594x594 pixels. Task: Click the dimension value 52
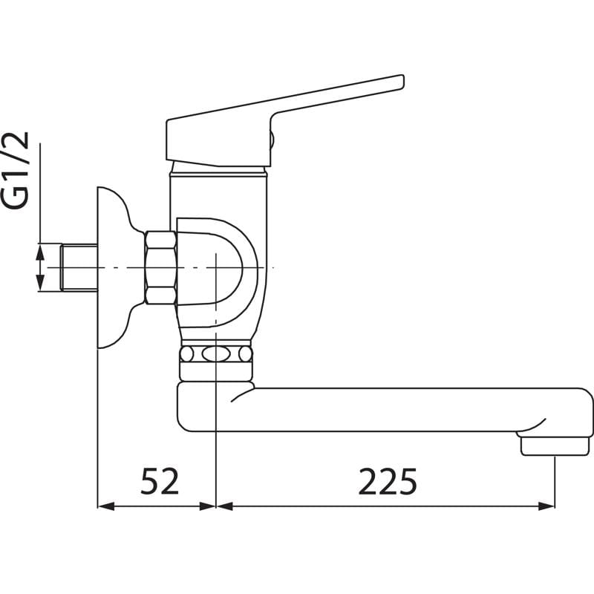tap(160, 481)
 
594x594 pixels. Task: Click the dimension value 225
tap(387, 481)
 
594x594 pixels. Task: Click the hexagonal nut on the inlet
tap(160, 268)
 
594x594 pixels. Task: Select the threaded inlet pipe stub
tap(79, 268)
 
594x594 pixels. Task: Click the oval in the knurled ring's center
tap(215, 354)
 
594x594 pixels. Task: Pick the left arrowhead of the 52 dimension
tap(106, 506)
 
